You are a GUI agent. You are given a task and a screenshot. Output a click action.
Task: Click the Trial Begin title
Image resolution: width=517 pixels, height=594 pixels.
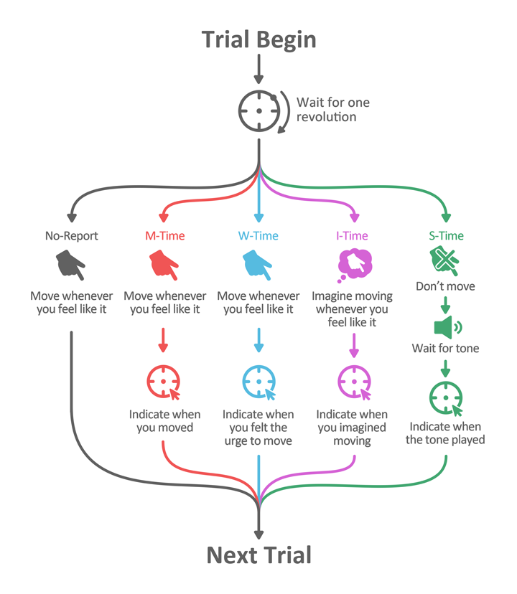click(258, 39)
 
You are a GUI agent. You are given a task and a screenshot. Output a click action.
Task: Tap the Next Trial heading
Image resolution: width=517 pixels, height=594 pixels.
click(258, 555)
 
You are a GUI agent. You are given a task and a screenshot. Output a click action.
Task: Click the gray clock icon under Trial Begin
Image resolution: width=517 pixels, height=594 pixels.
click(258, 111)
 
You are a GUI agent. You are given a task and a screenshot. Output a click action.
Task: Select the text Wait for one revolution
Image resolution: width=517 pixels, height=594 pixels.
click(332, 109)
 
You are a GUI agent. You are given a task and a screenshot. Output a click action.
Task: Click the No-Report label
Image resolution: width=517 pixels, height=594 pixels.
click(71, 235)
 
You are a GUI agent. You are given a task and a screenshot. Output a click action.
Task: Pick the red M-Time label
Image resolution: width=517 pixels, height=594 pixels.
click(164, 235)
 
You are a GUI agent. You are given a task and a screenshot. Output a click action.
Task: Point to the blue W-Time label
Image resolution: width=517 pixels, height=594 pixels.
click(258, 235)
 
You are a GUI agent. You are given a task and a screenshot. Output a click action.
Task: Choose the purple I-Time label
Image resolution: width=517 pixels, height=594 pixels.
click(352, 235)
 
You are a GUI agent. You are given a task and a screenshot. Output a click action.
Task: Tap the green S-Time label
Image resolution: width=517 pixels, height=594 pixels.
click(445, 235)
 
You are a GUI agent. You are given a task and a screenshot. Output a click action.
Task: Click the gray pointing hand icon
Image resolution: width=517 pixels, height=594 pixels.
click(71, 265)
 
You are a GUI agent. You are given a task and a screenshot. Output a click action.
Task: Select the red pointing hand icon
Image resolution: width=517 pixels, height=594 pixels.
click(164, 265)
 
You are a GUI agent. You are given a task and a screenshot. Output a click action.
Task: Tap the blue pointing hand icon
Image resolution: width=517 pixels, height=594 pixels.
click(258, 265)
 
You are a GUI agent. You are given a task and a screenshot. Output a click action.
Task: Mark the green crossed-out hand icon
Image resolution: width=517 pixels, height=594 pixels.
click(445, 260)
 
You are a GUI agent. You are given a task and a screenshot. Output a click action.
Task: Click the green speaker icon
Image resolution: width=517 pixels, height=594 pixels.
click(447, 328)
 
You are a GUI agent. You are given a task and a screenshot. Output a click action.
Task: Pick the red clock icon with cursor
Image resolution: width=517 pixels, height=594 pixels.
click(164, 382)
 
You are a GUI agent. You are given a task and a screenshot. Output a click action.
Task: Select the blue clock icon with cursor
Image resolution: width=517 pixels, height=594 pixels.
click(258, 382)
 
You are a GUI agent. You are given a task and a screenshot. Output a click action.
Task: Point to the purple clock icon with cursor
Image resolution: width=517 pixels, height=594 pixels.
click(353, 382)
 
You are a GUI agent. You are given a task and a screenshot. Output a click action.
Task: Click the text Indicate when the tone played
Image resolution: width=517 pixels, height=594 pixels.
click(445, 433)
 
